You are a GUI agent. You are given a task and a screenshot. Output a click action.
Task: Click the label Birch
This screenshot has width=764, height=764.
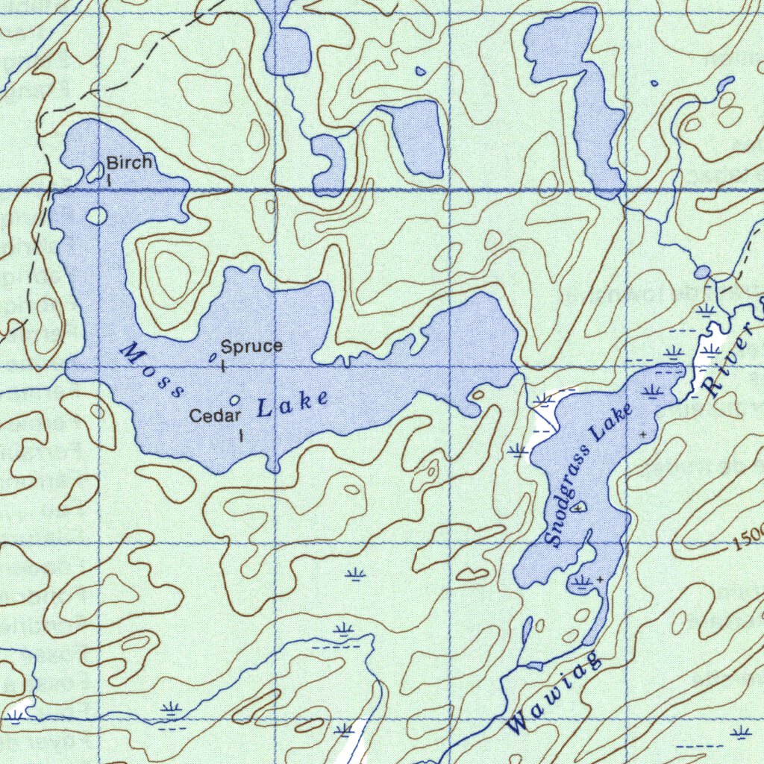tap(129, 162)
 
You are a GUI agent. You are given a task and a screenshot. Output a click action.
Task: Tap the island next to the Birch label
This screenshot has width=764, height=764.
tap(95, 173)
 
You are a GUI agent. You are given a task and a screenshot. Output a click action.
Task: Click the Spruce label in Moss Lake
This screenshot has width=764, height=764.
tap(251, 346)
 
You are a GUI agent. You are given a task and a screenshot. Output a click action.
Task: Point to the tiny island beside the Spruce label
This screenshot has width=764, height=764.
tap(212, 359)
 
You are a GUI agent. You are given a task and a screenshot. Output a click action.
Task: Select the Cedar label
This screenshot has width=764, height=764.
tap(215, 416)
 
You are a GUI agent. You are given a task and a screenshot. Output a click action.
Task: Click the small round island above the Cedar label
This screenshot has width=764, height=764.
tap(236, 401)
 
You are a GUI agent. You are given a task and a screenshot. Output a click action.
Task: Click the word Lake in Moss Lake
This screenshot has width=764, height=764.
tap(292, 404)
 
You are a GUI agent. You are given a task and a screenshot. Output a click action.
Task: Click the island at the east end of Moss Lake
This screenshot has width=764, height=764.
tap(477, 394)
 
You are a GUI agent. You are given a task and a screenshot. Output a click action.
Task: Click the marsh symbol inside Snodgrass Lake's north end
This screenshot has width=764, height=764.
tap(654, 389)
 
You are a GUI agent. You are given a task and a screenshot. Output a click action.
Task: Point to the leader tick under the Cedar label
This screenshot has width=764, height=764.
tap(240, 435)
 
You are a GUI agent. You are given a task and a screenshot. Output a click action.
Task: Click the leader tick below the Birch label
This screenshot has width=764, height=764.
tap(109, 179)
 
